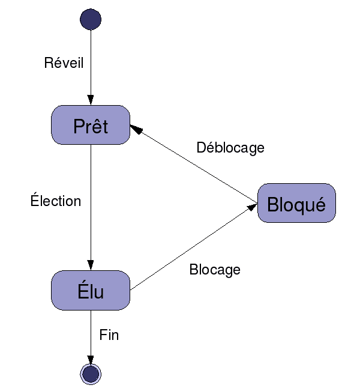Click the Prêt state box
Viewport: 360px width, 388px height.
91,125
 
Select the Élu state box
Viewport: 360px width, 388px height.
91,291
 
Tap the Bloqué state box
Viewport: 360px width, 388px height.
296,204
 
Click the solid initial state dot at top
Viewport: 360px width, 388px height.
90,19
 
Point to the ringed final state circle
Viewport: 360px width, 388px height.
91,374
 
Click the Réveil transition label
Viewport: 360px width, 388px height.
64,63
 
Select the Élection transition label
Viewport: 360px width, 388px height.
56,201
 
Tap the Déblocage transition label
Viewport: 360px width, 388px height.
230,148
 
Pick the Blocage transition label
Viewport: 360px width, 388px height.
215,270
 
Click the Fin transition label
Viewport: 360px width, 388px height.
109,335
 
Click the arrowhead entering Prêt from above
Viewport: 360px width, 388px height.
91,100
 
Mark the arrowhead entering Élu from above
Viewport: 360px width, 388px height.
91,265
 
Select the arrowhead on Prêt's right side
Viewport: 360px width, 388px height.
135,129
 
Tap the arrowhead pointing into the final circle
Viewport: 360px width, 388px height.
91,359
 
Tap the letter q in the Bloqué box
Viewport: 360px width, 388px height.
300,207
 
